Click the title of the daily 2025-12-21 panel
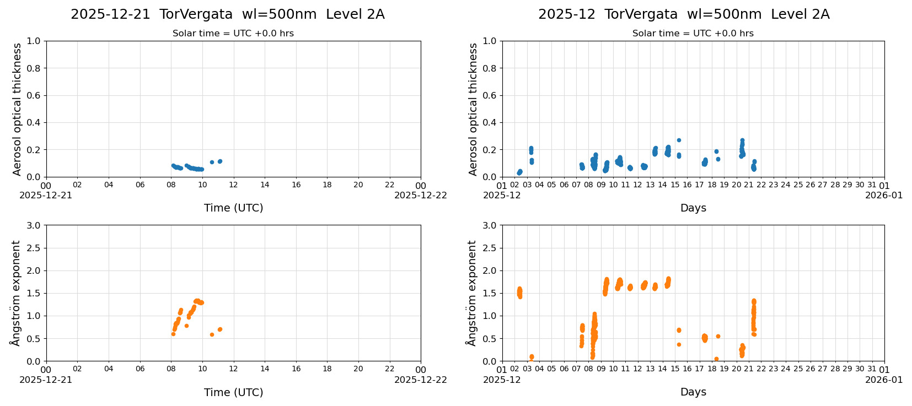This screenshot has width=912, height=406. pos(227,14)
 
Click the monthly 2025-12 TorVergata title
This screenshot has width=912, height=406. pos(683,14)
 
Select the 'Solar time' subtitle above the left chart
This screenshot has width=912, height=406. pos(233,34)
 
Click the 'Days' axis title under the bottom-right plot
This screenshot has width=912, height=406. pos(693,392)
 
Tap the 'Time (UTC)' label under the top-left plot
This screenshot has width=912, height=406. pos(233,208)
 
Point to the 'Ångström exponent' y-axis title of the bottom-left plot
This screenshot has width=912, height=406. pos(15,293)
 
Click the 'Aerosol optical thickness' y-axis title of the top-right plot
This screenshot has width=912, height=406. pos(473,109)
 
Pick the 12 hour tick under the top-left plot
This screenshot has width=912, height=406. pos(233,185)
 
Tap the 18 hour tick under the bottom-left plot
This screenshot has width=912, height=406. pos(327,370)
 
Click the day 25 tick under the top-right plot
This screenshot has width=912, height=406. pos(798,185)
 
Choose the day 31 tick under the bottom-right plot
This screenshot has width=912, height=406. pos(872,370)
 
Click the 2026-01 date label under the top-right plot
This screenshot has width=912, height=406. pos(884,195)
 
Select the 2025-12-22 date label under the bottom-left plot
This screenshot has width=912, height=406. pos(420,380)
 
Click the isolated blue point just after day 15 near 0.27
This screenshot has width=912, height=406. pos(679,140)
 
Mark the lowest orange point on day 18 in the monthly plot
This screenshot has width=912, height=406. pos(716,359)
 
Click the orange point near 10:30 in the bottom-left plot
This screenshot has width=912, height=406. pos(212,334)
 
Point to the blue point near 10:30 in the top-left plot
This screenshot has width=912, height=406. pos(212,162)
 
